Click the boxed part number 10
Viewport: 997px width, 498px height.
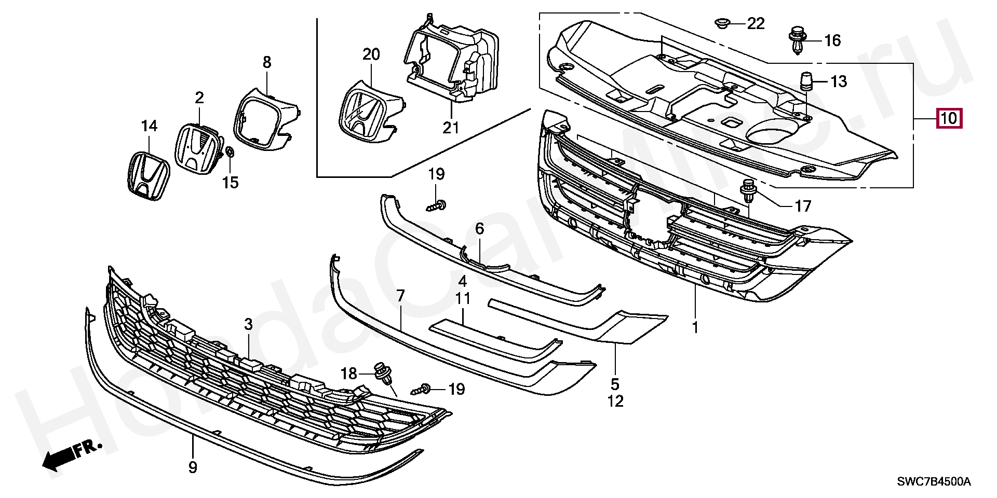tap(949, 119)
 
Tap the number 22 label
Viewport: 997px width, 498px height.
tap(756, 23)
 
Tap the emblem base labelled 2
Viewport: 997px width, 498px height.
tap(198, 148)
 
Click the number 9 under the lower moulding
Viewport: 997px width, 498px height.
tap(193, 467)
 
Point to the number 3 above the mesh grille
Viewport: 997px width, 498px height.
tap(249, 325)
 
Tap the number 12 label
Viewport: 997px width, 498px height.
tap(615, 401)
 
